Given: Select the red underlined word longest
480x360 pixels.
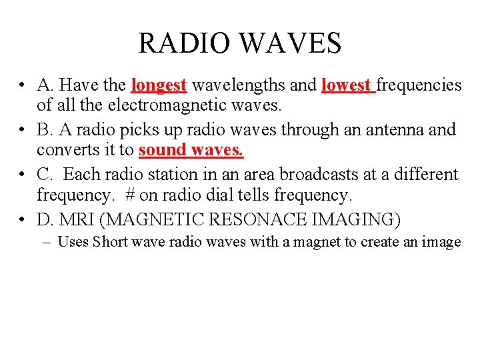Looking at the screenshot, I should pos(159,85).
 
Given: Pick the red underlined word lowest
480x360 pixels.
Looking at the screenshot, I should pos(346,85).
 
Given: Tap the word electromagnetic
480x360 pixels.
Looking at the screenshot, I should pos(167,105).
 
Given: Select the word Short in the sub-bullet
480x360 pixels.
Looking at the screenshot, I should pos(110,241).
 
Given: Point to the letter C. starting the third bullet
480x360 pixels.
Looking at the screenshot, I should pos(45,175).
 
